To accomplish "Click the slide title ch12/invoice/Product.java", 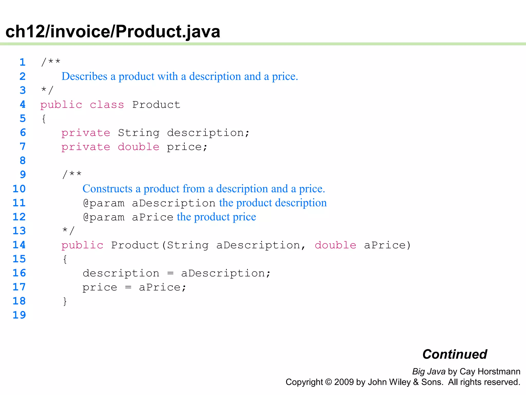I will (x=113, y=31).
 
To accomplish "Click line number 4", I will (x=23, y=104).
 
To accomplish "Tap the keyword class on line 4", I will (x=107, y=105).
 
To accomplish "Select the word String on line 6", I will (x=139, y=133).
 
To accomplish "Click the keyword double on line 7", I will (x=139, y=147).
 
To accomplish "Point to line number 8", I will (x=23, y=161).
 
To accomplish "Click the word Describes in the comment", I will (x=84, y=76).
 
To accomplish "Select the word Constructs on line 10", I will (x=107, y=189).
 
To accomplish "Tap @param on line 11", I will (x=104, y=203).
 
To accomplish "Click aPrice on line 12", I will (x=153, y=217).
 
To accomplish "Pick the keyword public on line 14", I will (x=82, y=245).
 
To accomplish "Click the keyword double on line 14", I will (x=335, y=245).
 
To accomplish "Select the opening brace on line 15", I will (x=65, y=259).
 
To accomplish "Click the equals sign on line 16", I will (x=170, y=273).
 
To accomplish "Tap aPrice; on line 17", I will (x=162, y=287).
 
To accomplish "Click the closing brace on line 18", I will (x=65, y=301).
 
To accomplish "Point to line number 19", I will (x=19, y=315).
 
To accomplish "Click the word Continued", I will (x=455, y=354).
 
